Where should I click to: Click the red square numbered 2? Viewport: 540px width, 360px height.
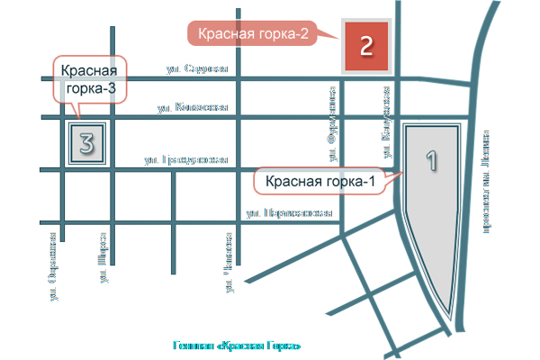(x=365, y=45)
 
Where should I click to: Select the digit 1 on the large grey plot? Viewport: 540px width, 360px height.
(x=430, y=162)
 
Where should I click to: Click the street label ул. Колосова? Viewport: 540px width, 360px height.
(x=192, y=107)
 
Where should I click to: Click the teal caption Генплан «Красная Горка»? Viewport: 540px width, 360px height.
(x=235, y=346)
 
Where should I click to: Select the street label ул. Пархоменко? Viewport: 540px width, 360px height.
(x=289, y=214)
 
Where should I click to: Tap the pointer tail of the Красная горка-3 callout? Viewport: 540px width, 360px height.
(x=78, y=112)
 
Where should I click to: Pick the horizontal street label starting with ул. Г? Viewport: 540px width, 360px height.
(x=185, y=160)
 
